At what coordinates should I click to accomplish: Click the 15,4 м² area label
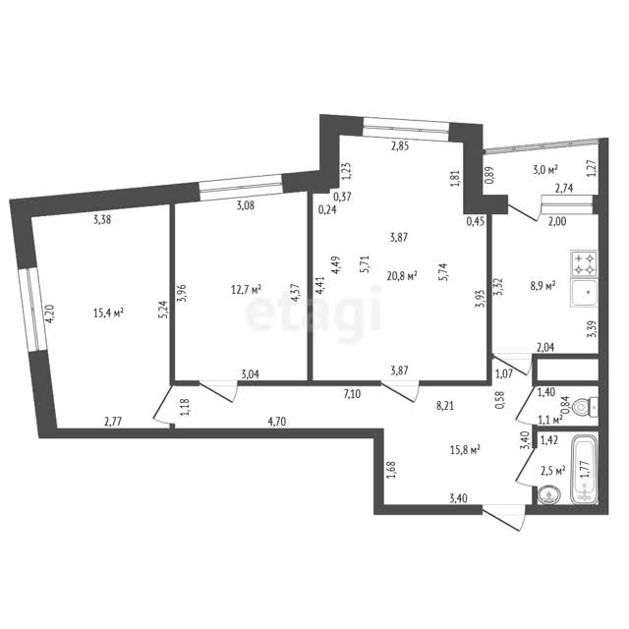[108, 313]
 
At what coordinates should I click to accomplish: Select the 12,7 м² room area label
[247, 289]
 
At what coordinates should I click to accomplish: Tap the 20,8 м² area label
[402, 276]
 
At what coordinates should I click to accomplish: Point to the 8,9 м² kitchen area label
[543, 285]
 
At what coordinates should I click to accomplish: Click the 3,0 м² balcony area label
[545, 170]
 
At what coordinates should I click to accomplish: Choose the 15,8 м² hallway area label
[465, 450]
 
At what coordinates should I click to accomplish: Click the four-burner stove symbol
[584, 263]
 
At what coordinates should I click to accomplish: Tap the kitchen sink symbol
[584, 293]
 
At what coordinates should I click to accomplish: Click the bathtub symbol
[585, 469]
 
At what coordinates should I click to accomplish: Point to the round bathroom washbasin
[548, 495]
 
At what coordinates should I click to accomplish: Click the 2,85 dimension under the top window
[400, 146]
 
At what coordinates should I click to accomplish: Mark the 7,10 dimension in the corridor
[352, 395]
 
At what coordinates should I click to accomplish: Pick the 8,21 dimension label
[445, 406]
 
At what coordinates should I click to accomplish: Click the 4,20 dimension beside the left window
[49, 314]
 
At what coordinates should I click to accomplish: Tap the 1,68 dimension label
[391, 470]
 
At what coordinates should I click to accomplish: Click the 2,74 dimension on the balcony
[564, 188]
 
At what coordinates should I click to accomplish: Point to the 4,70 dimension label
[277, 422]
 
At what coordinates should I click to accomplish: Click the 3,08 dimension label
[245, 205]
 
